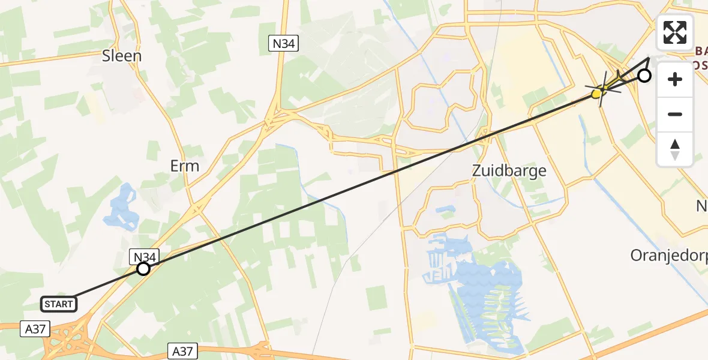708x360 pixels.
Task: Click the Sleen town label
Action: (x=122, y=56)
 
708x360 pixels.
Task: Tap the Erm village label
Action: (x=184, y=166)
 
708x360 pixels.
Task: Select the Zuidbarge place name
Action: (x=509, y=170)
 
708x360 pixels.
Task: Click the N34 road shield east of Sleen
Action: (x=283, y=43)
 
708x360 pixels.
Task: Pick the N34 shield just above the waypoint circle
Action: (x=144, y=257)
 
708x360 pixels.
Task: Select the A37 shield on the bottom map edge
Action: (x=182, y=351)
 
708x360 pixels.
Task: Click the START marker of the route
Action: (x=59, y=304)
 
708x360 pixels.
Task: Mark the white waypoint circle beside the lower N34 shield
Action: (x=143, y=269)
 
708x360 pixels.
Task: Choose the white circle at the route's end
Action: (x=644, y=76)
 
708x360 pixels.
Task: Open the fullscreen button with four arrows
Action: (x=675, y=32)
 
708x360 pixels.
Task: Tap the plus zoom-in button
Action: (x=675, y=79)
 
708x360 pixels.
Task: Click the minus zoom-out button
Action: (x=675, y=114)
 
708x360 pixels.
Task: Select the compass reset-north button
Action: (x=675, y=149)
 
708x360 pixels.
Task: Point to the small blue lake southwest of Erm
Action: (x=122, y=208)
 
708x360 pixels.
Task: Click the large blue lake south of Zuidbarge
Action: (x=486, y=288)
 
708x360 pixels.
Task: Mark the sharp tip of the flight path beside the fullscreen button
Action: (x=650, y=59)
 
